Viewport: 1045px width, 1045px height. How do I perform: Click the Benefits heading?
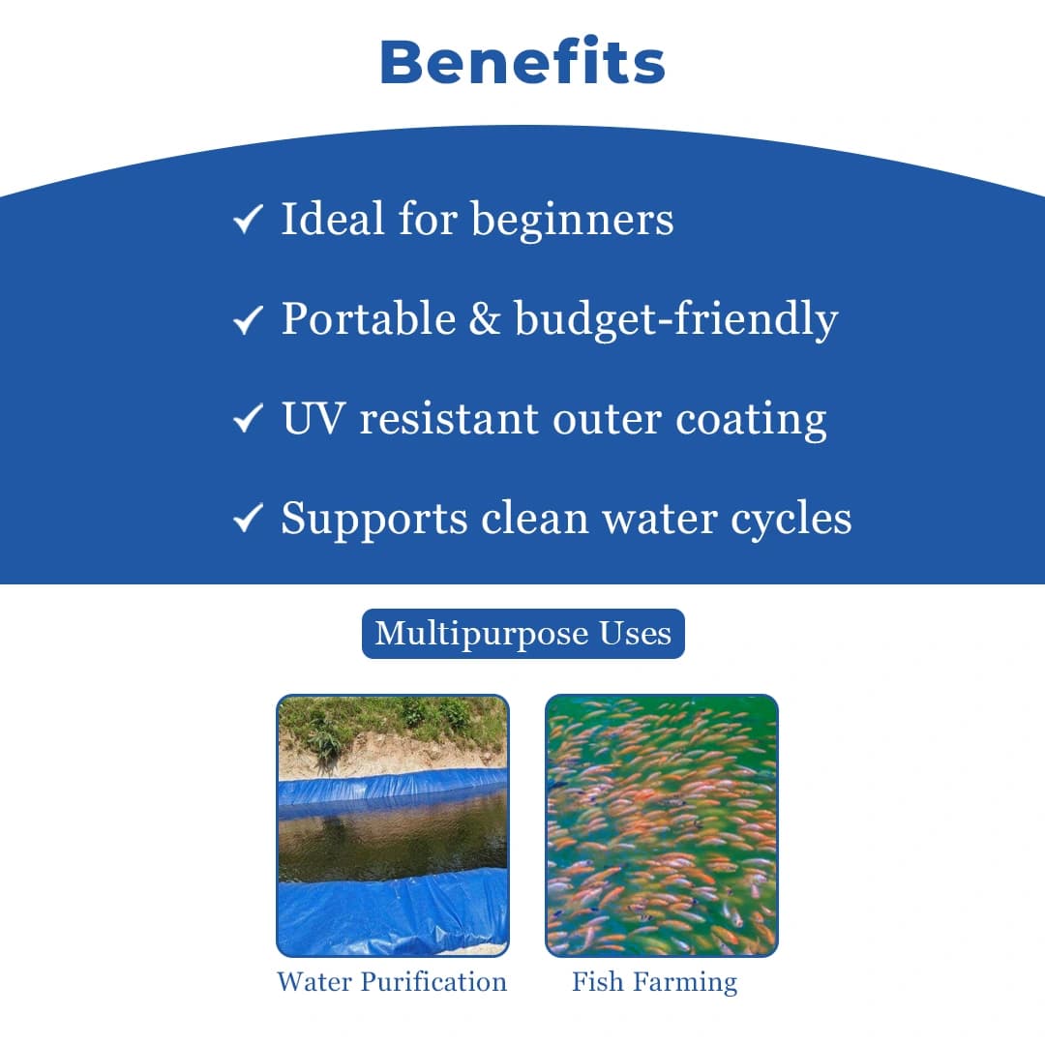[x=522, y=62]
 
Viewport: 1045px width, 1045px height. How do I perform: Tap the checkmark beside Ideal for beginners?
[x=249, y=221]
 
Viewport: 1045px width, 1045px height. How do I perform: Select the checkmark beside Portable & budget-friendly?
[x=249, y=320]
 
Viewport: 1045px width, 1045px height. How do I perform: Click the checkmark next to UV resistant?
[x=249, y=419]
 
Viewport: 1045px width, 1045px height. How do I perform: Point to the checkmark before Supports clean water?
[x=249, y=520]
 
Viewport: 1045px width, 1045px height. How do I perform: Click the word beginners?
[x=572, y=221]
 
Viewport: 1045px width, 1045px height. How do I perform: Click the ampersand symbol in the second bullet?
[x=484, y=320]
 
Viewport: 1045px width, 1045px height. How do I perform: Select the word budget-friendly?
[x=675, y=320]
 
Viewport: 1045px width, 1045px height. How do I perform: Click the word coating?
[x=751, y=419]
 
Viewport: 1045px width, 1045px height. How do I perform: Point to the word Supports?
[x=373, y=520]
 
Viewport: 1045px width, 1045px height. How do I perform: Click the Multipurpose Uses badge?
[x=522, y=634]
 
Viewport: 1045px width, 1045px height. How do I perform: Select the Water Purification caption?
[x=392, y=982]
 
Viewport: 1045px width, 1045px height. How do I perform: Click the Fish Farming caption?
[x=654, y=982]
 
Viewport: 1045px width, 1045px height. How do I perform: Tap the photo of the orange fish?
[x=662, y=825]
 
